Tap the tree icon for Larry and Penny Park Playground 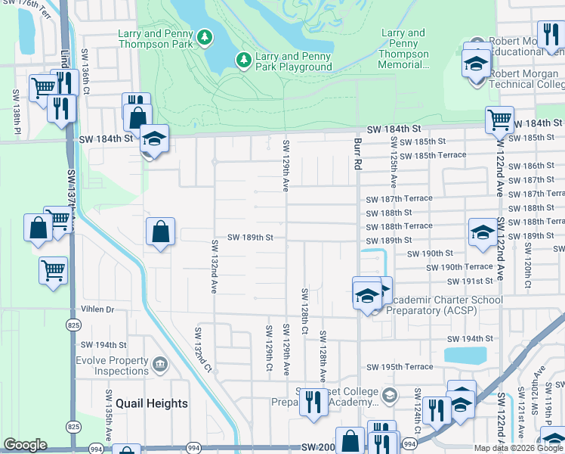[243, 59]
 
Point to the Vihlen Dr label [98, 309]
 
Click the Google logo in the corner [25, 445]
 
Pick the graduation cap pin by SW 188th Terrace [482, 232]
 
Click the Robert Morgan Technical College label [526, 79]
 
